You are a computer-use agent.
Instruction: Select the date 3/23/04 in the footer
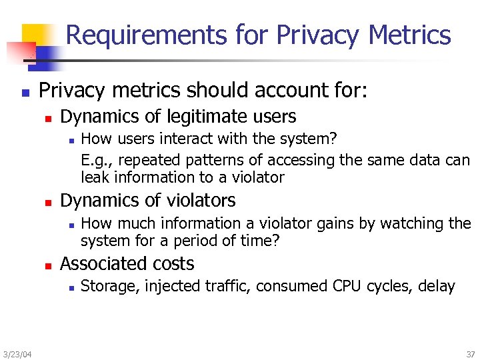(16, 353)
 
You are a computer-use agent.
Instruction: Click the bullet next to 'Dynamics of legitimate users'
(47, 118)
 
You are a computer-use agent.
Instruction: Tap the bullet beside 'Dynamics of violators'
(47, 202)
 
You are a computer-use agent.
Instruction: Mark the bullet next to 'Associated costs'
(47, 265)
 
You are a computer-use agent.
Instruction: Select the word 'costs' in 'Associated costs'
(173, 264)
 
